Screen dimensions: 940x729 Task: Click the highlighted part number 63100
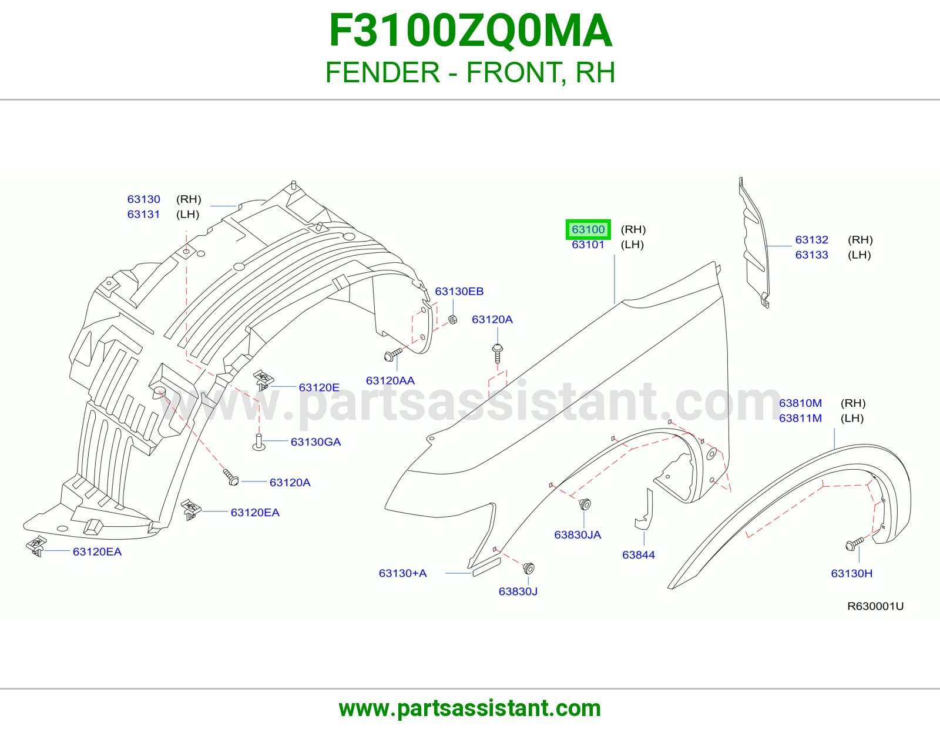(x=588, y=229)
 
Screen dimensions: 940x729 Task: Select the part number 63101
(x=588, y=245)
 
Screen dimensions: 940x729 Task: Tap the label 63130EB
(x=459, y=292)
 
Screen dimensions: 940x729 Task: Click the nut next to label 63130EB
(x=452, y=320)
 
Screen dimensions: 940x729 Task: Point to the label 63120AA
(x=390, y=380)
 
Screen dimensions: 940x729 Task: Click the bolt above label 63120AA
(x=393, y=355)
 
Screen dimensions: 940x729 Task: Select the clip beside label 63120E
(x=263, y=380)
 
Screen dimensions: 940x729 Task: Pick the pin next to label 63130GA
(x=258, y=443)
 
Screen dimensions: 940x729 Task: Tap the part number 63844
(x=639, y=554)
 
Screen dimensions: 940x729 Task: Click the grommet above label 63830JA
(x=585, y=504)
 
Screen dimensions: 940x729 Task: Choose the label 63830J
(x=518, y=591)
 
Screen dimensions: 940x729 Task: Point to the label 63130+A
(x=403, y=573)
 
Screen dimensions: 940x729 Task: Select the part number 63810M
(x=800, y=403)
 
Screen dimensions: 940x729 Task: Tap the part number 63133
(x=811, y=255)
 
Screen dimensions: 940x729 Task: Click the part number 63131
(x=143, y=214)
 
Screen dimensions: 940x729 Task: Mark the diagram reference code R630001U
(x=875, y=606)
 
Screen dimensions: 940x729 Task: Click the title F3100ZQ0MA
(x=470, y=31)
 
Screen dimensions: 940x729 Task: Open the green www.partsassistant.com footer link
(x=470, y=708)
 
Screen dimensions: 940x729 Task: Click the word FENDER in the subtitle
(x=382, y=72)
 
